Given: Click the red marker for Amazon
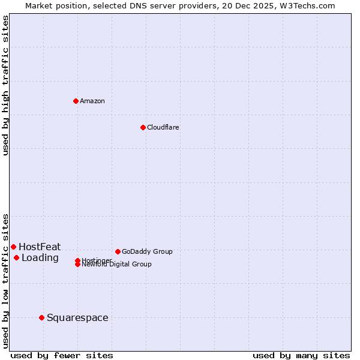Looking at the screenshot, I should tap(76, 101).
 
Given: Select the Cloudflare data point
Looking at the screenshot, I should tap(143, 127).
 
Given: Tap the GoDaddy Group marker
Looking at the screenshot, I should tap(118, 251).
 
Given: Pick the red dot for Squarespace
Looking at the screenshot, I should tap(41, 317).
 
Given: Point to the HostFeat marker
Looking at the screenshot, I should tap(13, 247).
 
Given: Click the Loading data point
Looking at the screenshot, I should tap(16, 258).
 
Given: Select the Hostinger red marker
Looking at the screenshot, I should tap(78, 260).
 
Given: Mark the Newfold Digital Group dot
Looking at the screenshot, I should tap(78, 264).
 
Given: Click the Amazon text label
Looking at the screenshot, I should tap(92, 101).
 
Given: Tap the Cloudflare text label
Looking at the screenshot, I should tap(163, 127).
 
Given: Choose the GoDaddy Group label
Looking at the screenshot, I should tap(147, 251).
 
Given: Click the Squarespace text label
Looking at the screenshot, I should tap(77, 317).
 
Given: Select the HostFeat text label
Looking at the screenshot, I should tap(40, 247).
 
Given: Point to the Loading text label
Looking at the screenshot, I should tap(40, 258).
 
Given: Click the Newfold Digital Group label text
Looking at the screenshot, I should tap(117, 264).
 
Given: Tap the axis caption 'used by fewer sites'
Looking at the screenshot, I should tap(62, 355).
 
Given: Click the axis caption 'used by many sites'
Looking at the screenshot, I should tap(301, 355).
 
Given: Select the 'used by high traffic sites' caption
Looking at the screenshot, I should tap(6, 85).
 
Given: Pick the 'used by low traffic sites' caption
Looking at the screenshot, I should tap(6, 281).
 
